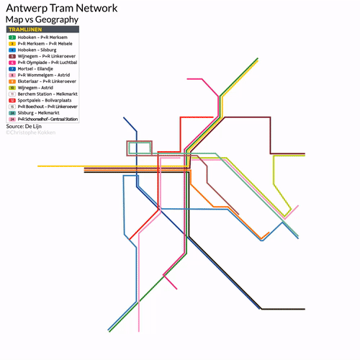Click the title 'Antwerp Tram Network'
click(61, 8)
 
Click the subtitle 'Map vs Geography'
click(42, 19)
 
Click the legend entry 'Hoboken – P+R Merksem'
click(43, 37)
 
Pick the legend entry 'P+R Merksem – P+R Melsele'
click(45, 43)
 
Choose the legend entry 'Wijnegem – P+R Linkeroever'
click(48, 56)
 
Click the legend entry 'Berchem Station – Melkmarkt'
click(48, 94)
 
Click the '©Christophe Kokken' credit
click(30, 132)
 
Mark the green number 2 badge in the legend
click(12, 37)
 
